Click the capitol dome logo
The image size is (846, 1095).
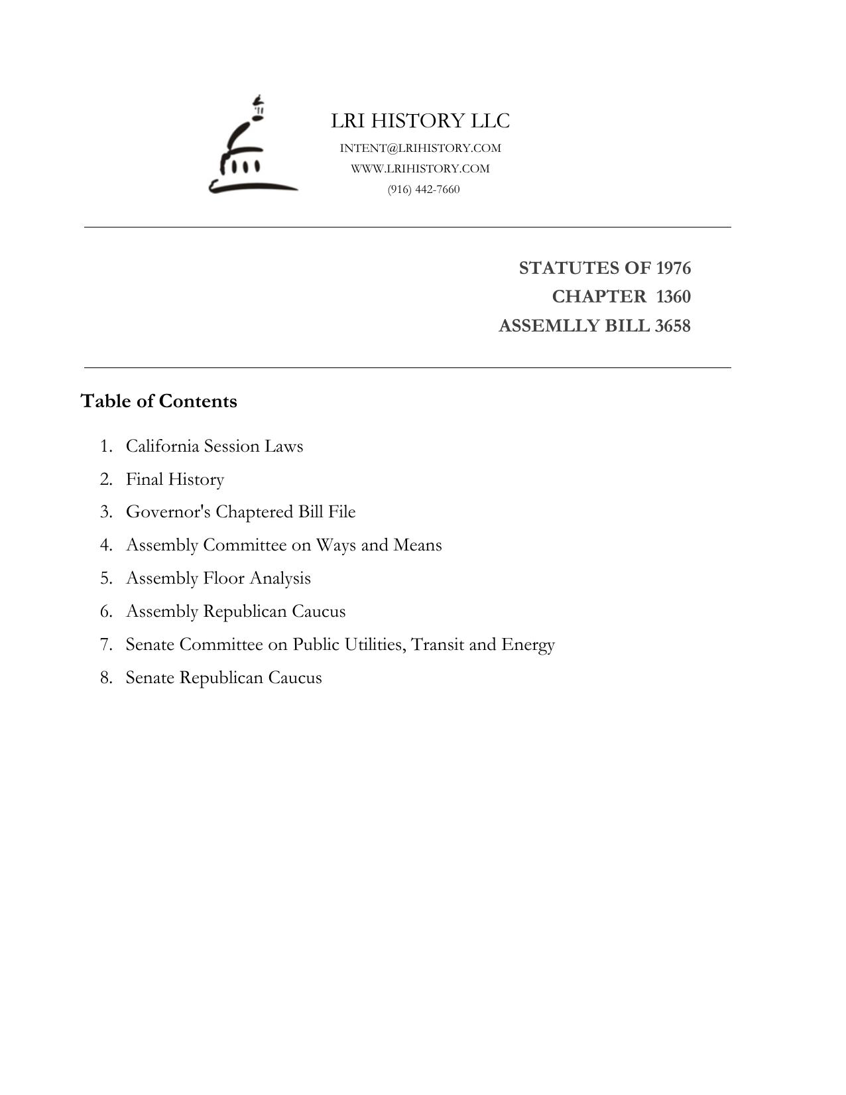tap(253, 146)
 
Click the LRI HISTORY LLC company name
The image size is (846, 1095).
tap(420, 121)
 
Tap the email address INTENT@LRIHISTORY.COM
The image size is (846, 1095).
tap(420, 148)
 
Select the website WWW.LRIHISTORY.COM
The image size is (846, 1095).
tap(420, 168)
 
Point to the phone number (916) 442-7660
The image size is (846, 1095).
tap(424, 190)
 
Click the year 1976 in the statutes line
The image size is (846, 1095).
tap(673, 268)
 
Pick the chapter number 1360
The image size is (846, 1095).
tap(673, 296)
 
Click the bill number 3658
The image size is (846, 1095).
tap(672, 326)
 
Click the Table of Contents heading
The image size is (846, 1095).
tap(158, 401)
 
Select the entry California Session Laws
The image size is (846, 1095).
tap(214, 446)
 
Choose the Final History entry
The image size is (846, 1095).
tap(175, 480)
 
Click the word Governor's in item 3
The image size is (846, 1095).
tap(168, 512)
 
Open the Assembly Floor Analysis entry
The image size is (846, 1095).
tap(218, 578)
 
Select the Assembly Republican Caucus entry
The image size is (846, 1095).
tap(235, 612)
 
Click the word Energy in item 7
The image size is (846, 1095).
tap(528, 645)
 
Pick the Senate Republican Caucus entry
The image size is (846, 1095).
tap(223, 678)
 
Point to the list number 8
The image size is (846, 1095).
tap(106, 678)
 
